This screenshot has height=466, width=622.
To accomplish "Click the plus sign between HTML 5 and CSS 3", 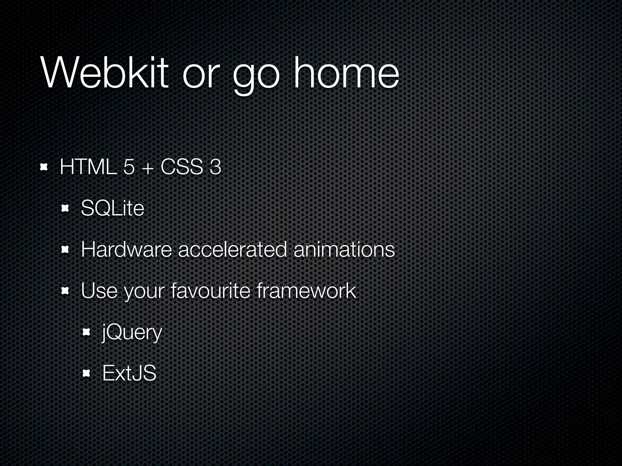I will click(147, 168).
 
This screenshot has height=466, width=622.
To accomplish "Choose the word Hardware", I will click(126, 249).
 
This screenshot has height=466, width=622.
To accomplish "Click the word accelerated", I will click(232, 249).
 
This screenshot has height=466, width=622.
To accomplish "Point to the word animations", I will click(344, 249).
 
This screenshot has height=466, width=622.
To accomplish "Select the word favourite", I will click(210, 291).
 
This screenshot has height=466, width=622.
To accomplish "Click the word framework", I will click(306, 291).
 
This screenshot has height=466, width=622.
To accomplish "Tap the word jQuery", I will click(132, 333).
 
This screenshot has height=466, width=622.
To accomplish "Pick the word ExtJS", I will click(129, 373).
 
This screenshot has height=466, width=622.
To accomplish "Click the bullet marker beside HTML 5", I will click(44, 167).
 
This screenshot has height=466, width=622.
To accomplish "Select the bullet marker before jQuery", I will click(86, 333).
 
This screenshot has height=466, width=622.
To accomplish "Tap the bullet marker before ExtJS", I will click(86, 373).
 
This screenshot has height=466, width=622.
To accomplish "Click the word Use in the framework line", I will click(99, 291).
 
